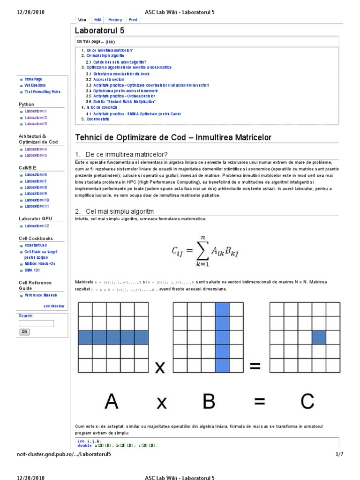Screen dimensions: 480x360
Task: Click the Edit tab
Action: (x=97, y=20)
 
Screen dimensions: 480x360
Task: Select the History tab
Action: (x=115, y=20)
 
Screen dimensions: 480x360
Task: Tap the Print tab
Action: (x=133, y=20)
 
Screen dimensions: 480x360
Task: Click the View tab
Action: (x=82, y=20)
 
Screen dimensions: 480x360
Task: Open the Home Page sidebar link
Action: (x=33, y=79)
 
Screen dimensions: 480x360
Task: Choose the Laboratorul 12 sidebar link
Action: (x=37, y=226)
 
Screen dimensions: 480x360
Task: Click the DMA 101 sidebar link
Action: (x=33, y=270)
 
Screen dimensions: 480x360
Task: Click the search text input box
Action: (x=36, y=323)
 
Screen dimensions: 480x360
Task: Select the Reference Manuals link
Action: (x=41, y=295)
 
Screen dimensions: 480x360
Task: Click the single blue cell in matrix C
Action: (x=319, y=337)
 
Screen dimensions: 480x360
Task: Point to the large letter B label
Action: (x=209, y=402)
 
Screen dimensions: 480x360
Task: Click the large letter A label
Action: (x=112, y=402)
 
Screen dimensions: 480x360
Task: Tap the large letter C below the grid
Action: (x=307, y=402)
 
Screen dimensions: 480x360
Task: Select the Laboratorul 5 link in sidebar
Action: (x=36, y=155)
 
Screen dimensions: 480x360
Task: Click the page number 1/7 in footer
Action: (x=340, y=454)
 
